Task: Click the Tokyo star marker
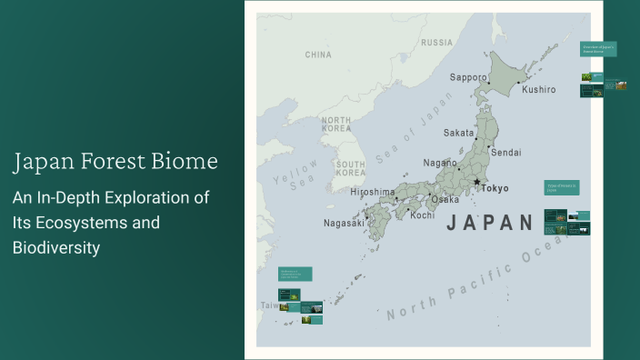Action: tap(476, 182)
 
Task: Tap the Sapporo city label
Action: tap(468, 77)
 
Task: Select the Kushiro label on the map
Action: tap(538, 89)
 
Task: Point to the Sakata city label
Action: tap(459, 133)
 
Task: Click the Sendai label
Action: tap(505, 152)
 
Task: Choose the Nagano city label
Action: tap(440, 163)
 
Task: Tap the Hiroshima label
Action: tap(373, 192)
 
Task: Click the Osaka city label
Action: tap(445, 199)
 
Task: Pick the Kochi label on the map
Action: tap(422, 215)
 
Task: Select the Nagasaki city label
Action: tap(344, 223)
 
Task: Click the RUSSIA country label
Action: tap(436, 43)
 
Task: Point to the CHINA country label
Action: tap(318, 55)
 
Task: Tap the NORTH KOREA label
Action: tap(336, 125)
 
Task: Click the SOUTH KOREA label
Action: tap(350, 168)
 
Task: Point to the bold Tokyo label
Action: tap(495, 188)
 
